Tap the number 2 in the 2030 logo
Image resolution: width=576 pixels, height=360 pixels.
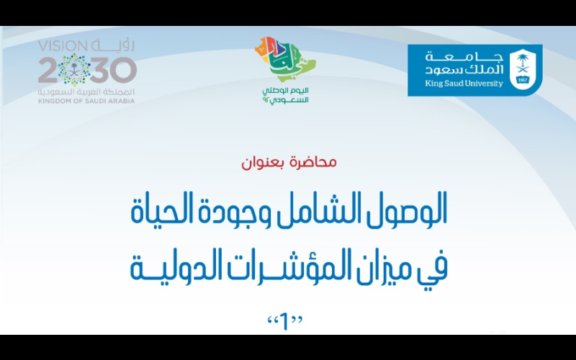[48, 71]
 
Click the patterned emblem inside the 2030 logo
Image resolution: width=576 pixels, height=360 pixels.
[75, 70]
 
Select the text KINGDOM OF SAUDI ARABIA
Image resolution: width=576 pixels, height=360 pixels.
[86, 101]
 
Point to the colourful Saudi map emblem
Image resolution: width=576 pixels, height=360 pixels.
[285, 59]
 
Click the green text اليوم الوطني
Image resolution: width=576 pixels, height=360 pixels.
[285, 91]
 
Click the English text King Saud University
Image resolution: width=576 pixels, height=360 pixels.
[464, 84]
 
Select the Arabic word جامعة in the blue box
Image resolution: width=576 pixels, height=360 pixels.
[464, 57]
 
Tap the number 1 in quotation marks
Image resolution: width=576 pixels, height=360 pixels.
[284, 322]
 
